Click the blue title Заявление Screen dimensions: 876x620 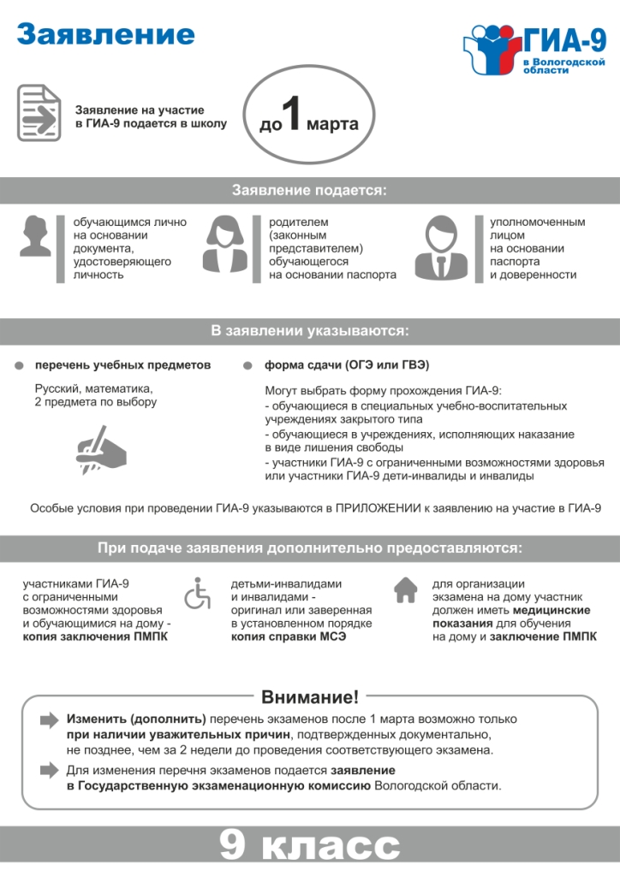click(105, 35)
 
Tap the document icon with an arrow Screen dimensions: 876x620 click(39, 113)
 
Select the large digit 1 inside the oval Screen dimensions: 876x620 click(292, 119)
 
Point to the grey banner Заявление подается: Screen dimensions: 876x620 click(310, 191)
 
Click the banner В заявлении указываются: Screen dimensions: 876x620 click(310, 330)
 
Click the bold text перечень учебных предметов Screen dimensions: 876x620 click(122, 365)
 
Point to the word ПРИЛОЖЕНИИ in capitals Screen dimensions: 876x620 click(378, 508)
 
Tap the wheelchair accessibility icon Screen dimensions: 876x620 click(198, 593)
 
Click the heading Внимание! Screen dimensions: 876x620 click(310, 696)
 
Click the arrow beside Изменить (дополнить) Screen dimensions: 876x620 click(50, 720)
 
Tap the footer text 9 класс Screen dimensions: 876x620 click(310, 848)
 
